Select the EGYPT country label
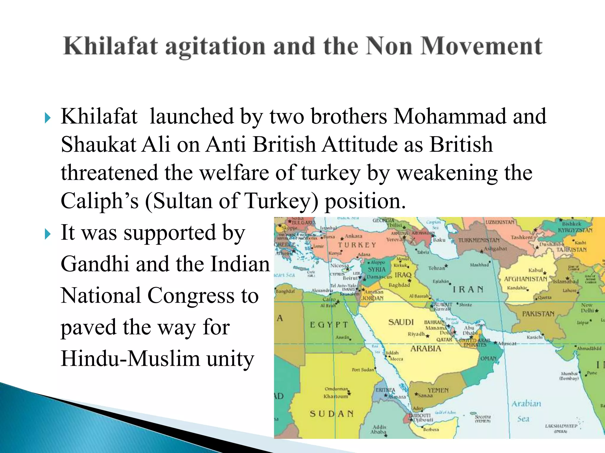(329, 325)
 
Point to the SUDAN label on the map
(331, 414)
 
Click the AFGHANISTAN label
(526, 279)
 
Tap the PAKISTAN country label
(538, 314)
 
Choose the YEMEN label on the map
(438, 390)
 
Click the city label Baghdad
(399, 285)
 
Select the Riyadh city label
(416, 334)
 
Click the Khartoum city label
(336, 396)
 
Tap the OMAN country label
(488, 358)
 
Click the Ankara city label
(353, 236)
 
